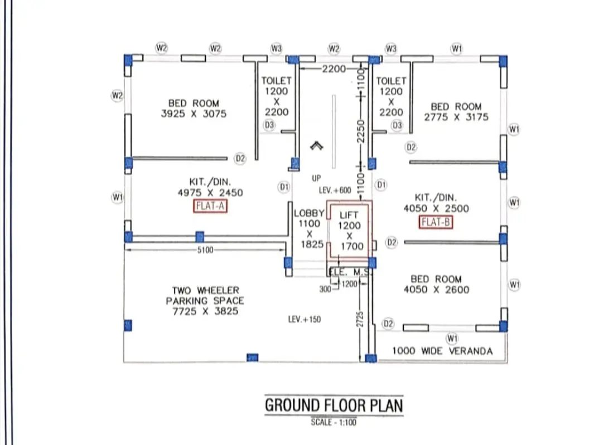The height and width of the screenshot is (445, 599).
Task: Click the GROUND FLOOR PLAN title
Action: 334,405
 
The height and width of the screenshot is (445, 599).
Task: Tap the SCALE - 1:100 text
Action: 334,422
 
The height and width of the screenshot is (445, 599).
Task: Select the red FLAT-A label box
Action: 210,206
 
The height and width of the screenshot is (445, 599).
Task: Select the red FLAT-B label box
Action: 436,222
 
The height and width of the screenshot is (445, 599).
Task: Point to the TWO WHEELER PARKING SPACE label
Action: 205,301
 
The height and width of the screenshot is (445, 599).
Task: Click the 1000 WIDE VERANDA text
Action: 442,351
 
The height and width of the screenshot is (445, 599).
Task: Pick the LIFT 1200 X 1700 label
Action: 349,231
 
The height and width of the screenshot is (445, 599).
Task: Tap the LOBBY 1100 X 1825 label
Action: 309,229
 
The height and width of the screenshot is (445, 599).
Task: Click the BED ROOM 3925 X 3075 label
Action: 194,109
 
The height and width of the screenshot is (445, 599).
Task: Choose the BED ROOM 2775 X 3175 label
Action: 456,112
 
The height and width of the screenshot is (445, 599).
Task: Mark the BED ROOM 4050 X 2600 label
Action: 436,285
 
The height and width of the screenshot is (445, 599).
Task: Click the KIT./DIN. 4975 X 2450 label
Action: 210,187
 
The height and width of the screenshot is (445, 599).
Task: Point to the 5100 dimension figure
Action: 205,250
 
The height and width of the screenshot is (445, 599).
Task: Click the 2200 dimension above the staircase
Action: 334,69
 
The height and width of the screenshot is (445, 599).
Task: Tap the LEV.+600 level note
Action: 335,190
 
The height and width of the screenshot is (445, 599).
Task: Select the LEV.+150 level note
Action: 305,320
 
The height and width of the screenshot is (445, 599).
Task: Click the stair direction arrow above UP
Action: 317,145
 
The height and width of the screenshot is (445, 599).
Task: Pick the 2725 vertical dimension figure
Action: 360,319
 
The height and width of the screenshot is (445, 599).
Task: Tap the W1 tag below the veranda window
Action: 452,339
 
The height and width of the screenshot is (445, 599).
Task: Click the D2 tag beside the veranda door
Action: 388,324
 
